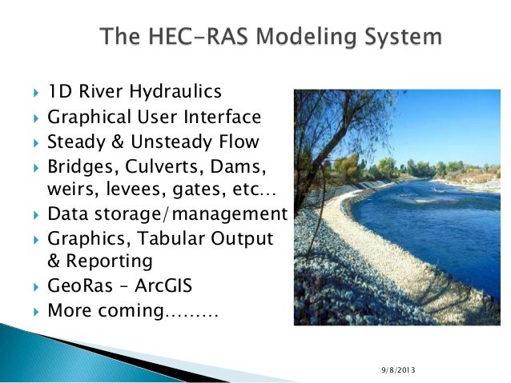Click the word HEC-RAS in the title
tap(190, 37)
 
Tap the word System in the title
tap(400, 37)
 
